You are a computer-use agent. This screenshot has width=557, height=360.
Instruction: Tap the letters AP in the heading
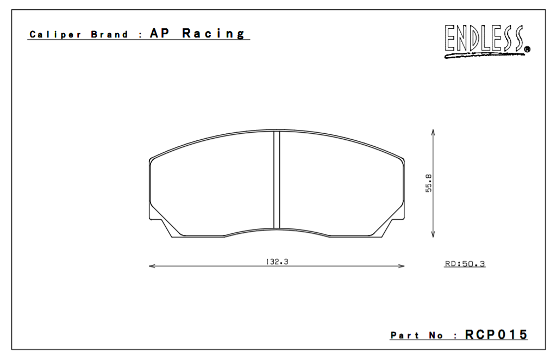click(x=161, y=33)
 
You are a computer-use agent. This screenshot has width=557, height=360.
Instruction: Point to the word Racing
click(x=214, y=33)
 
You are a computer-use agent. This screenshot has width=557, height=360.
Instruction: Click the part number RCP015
click(x=496, y=334)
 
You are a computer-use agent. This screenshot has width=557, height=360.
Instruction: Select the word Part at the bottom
click(x=405, y=336)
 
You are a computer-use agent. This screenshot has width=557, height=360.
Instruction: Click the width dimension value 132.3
click(x=277, y=262)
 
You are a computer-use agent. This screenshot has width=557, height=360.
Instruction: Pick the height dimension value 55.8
click(x=429, y=183)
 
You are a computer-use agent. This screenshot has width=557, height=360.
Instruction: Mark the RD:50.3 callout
click(x=465, y=264)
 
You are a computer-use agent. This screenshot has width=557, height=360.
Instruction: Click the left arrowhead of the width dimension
click(x=152, y=266)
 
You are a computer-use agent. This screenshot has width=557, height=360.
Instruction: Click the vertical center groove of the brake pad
click(x=276, y=179)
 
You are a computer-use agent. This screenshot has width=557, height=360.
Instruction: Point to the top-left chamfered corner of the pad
click(x=152, y=158)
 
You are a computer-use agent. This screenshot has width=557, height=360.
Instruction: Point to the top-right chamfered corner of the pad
click(x=402, y=159)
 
